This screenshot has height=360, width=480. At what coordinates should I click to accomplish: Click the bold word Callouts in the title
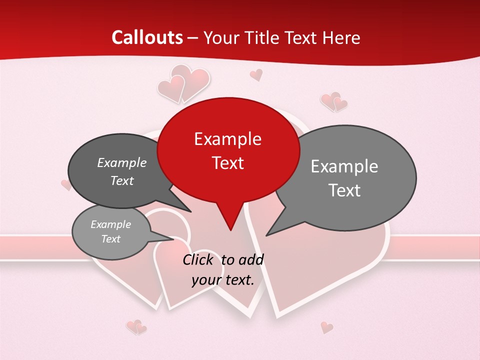[x=147, y=37]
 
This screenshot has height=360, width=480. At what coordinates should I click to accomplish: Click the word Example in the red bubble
[x=227, y=139]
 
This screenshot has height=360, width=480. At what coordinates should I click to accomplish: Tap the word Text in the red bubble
[x=228, y=163]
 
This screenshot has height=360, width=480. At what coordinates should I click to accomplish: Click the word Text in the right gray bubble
[x=344, y=190]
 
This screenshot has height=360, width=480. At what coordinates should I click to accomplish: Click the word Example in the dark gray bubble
[x=122, y=162]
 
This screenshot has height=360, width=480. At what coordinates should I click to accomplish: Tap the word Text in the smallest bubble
[x=111, y=239]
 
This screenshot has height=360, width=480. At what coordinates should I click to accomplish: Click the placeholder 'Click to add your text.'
[x=222, y=270]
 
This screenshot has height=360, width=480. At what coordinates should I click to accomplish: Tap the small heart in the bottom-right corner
[x=326, y=327]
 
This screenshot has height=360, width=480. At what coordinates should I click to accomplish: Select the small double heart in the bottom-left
[x=136, y=327]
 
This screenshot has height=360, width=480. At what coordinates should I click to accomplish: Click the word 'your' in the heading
[x=221, y=37]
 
